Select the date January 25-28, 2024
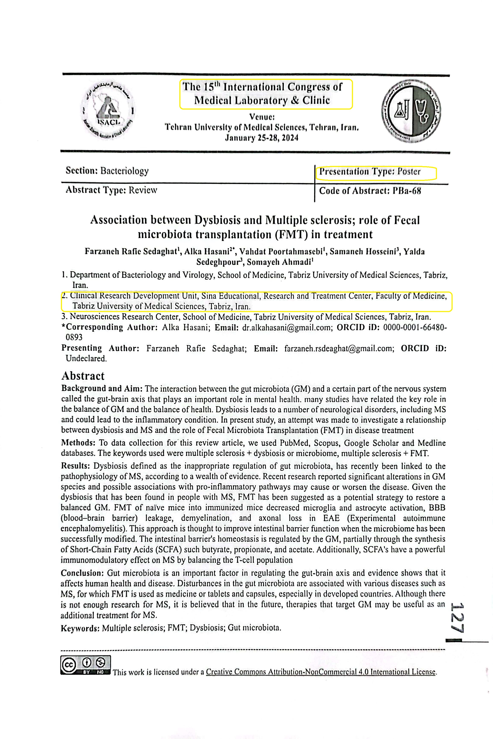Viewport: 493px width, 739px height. tap(261, 138)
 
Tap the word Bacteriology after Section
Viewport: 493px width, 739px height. tap(124, 171)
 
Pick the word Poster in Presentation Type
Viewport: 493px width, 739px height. tap(409, 172)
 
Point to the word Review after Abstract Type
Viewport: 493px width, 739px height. tap(142, 190)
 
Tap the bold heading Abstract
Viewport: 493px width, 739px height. tap(83, 376)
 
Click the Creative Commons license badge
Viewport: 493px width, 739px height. tap(86, 665)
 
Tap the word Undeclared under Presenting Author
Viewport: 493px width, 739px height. tap(86, 358)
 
